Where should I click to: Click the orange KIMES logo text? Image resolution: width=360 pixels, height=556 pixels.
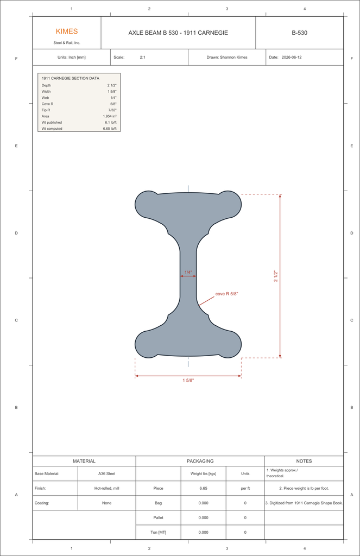click(67, 31)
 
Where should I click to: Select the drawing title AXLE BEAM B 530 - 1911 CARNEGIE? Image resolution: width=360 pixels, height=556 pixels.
click(178, 33)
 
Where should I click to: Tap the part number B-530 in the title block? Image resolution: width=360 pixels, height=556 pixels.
click(299, 33)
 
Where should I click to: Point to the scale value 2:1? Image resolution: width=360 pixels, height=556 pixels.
click(142, 57)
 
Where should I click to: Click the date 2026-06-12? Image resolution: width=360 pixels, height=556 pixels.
click(292, 57)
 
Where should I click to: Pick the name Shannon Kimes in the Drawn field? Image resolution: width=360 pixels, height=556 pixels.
click(233, 57)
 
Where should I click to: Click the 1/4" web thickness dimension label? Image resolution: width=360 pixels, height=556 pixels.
click(188, 273)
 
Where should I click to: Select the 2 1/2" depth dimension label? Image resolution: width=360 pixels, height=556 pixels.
click(276, 276)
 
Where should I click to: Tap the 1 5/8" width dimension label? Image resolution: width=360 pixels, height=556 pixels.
click(188, 381)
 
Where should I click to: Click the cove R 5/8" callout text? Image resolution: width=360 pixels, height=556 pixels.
click(226, 294)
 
